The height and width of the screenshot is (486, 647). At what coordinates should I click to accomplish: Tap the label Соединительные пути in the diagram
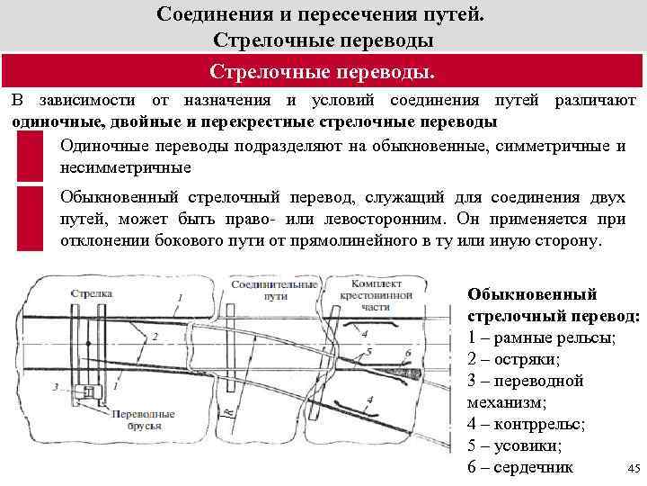pos(261,290)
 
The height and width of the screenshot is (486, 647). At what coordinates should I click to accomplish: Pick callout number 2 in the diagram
pos(155,336)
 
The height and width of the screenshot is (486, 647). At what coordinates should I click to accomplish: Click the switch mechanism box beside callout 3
pos(89,391)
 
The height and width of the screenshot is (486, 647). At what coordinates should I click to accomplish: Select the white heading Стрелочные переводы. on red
pos(323,71)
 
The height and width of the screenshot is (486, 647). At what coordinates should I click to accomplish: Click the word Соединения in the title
pos(216,14)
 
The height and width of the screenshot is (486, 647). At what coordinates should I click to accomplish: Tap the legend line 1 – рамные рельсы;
pos(541,338)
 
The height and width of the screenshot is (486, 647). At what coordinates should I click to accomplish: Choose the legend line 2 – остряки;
pos(513,359)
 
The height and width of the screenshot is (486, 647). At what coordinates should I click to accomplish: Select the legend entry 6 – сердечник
pos(520,466)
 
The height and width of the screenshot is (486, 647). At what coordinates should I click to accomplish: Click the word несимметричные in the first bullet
pos(126,167)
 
